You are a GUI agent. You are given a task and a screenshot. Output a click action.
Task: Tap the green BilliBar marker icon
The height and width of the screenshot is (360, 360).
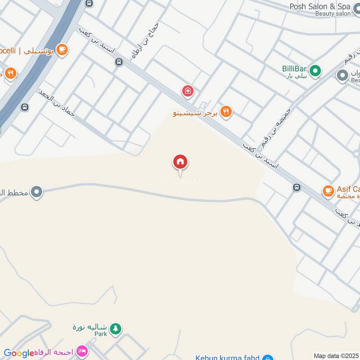click(x=316, y=71)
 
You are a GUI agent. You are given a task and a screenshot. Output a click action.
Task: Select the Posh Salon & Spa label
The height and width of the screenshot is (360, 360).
click(x=320, y=6)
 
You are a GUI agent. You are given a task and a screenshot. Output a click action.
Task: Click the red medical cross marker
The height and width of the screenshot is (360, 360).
click(x=187, y=91)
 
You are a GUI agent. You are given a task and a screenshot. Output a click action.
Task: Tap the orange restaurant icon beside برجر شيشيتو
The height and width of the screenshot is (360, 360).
click(x=226, y=112)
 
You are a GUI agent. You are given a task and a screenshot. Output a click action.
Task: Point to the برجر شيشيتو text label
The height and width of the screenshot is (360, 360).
click(x=195, y=113)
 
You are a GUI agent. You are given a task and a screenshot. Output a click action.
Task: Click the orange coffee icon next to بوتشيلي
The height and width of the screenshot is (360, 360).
click(x=62, y=49)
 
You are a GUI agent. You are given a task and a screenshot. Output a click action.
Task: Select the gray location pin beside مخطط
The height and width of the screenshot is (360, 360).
click(x=37, y=193)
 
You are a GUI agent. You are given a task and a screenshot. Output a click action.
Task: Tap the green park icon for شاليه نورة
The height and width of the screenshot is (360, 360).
click(x=116, y=328)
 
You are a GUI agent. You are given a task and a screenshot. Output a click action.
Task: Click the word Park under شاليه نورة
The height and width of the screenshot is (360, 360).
click(x=100, y=334)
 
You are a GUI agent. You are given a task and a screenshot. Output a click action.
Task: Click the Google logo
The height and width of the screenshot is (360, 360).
click(x=19, y=353)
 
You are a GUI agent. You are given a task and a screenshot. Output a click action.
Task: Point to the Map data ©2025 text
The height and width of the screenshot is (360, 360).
click(x=336, y=355)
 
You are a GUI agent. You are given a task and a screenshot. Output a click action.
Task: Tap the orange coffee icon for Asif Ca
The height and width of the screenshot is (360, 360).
click(x=328, y=191)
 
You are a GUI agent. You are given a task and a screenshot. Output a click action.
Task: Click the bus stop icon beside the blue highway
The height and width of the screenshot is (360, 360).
click(x=24, y=107)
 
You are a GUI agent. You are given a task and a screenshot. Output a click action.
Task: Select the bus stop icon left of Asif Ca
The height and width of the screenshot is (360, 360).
click(x=297, y=187)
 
